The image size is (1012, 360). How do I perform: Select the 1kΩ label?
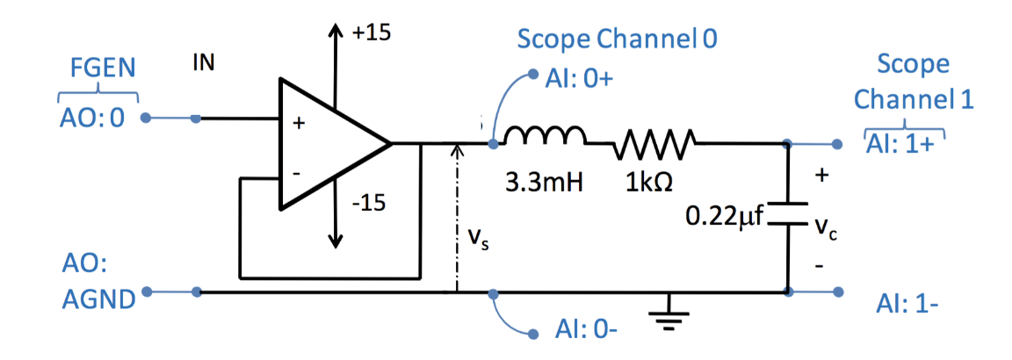pyautogui.click(x=650, y=184)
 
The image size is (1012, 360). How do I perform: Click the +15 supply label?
pyautogui.click(x=371, y=33)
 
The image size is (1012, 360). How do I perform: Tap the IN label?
pyautogui.click(x=203, y=63)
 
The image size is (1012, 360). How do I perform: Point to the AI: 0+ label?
pyautogui.click(x=579, y=79)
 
